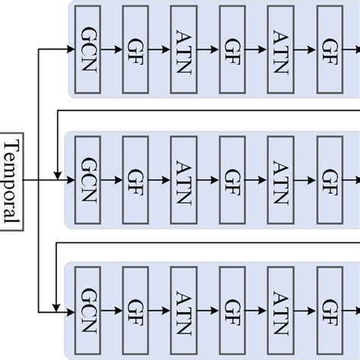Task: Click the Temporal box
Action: point(12,181)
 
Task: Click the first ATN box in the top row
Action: point(183,49)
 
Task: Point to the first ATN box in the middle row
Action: point(183,180)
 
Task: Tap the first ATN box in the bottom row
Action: point(183,311)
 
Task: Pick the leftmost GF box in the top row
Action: point(135,49)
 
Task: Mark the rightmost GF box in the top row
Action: point(329,49)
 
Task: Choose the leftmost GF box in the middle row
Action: point(135,180)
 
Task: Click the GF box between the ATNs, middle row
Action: point(231,180)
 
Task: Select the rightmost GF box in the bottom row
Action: point(329,311)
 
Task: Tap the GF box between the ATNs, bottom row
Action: point(231,311)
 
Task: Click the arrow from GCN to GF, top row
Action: point(111,49)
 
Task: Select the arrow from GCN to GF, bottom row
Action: point(111,311)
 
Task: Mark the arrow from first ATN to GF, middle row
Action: point(207,180)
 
